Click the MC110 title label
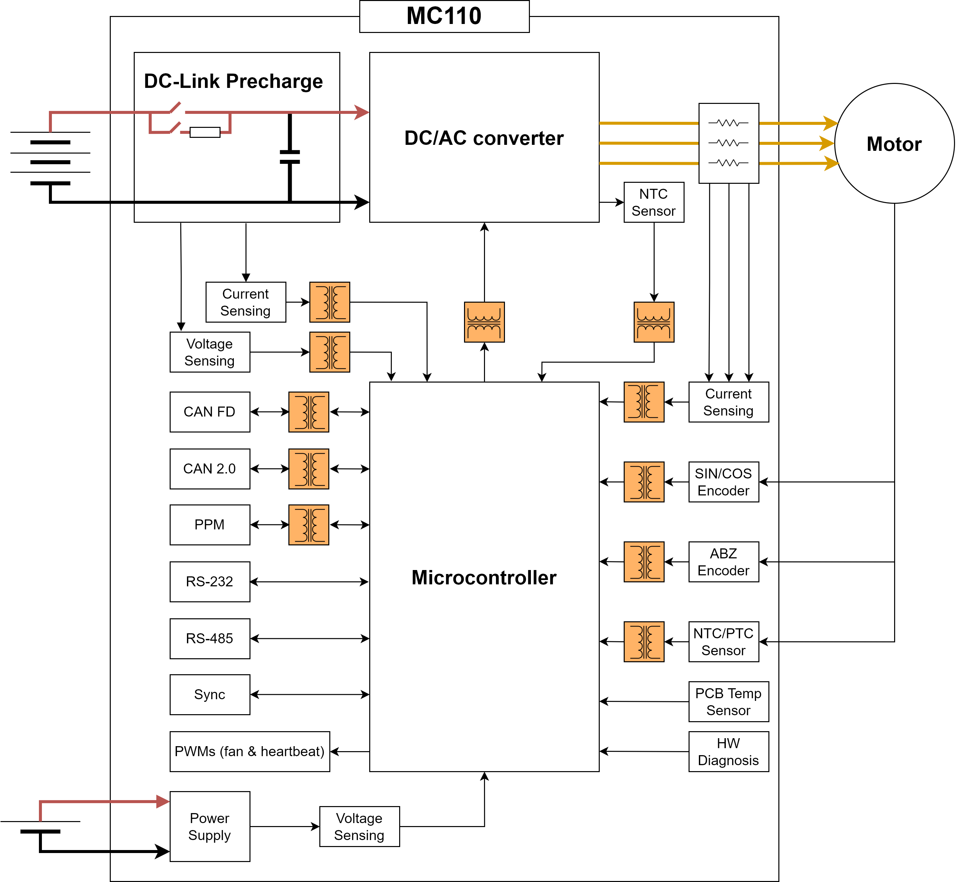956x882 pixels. point(444,16)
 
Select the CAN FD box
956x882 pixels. point(210,412)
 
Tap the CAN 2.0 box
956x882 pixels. point(210,469)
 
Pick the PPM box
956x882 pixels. point(210,524)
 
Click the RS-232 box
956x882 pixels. point(210,581)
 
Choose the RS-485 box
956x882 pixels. point(210,639)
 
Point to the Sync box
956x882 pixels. point(210,695)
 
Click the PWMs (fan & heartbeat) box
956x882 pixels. point(249,752)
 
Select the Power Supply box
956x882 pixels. point(210,827)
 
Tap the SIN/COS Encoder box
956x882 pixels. point(723,482)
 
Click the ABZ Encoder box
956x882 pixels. point(723,562)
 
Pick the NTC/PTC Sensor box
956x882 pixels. point(723,642)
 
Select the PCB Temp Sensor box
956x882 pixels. point(728,702)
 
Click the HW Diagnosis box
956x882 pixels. point(728,752)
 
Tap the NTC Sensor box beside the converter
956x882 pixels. point(654,202)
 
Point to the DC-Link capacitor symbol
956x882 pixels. point(290,157)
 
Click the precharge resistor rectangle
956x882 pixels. point(205,132)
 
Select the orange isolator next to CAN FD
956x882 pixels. point(309,412)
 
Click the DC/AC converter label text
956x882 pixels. point(484,138)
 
